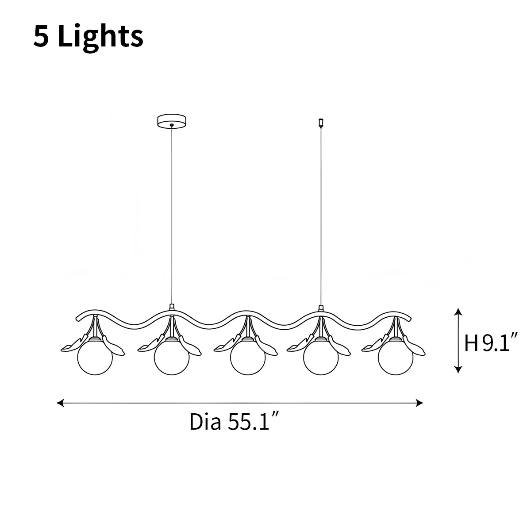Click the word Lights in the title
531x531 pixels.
(100, 37)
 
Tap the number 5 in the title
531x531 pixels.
(41, 36)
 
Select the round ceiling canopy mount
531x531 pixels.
(172, 121)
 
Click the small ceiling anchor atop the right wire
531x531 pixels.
(321, 123)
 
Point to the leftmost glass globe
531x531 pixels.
(95, 358)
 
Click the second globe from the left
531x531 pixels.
(172, 358)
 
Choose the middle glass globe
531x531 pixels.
(248, 358)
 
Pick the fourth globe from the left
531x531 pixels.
(321, 358)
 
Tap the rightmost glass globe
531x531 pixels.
(396, 358)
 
